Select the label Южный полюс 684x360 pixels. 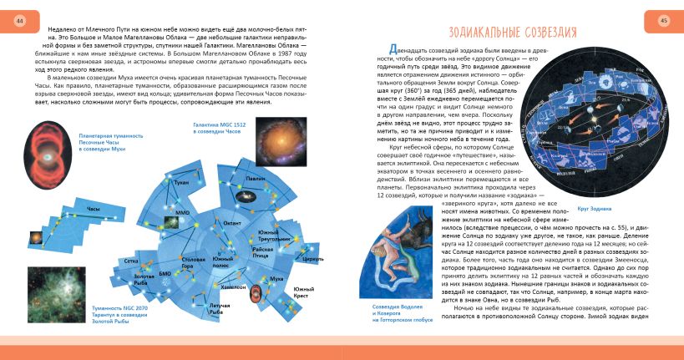pos(222,262)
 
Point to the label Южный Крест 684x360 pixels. pos(303,292)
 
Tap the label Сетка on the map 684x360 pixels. pos(131,261)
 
